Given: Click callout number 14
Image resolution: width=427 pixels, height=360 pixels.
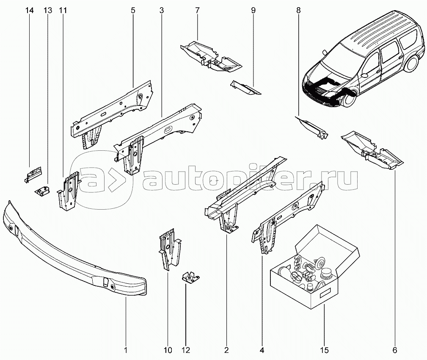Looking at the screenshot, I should (29, 11).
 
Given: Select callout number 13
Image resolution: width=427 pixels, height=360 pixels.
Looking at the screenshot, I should (47, 11).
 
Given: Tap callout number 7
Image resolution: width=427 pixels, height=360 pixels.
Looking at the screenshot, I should (197, 11).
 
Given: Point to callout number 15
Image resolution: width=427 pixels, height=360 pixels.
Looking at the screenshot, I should (324, 350).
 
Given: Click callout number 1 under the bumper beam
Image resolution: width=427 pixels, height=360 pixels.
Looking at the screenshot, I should (126, 350).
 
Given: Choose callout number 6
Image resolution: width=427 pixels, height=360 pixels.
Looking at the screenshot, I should (394, 350).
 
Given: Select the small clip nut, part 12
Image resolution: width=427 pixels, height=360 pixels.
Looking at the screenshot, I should (188, 277).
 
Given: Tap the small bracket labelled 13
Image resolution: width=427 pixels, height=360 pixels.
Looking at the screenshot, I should (43, 191).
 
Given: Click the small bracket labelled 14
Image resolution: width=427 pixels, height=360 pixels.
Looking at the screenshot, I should (33, 173).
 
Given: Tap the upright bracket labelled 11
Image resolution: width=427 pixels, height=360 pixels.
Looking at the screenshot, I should (69, 191).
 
